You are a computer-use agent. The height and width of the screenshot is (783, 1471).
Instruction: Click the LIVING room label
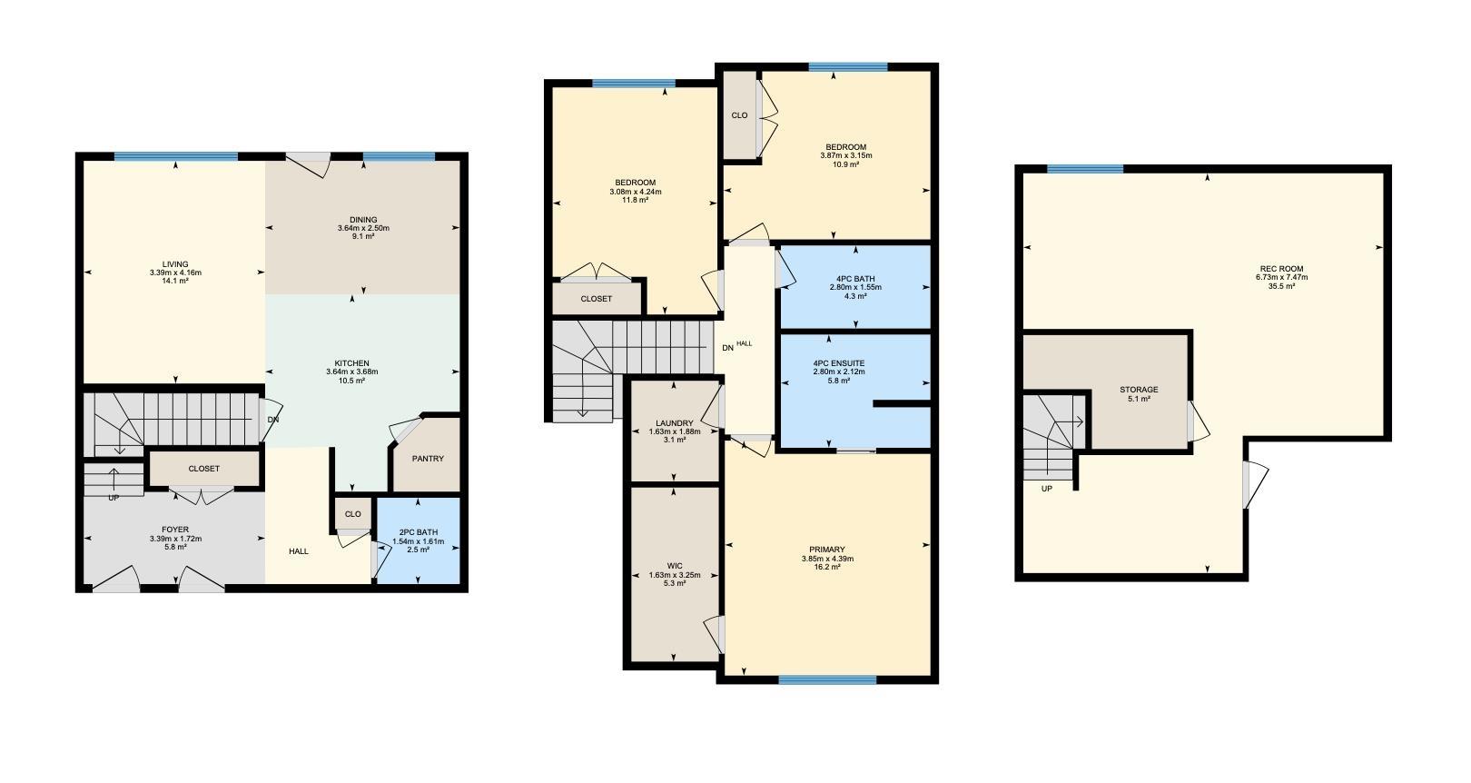pyautogui.click(x=175, y=264)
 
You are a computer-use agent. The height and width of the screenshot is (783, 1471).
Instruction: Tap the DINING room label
pyautogui.click(x=363, y=220)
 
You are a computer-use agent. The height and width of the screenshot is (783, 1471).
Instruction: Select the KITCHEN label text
pyautogui.click(x=352, y=363)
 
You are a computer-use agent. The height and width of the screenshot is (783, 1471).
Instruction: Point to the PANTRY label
pyautogui.click(x=429, y=459)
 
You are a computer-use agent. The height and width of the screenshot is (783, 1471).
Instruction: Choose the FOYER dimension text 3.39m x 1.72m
pyautogui.click(x=175, y=539)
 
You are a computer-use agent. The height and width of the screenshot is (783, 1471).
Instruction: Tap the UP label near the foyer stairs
pyautogui.click(x=114, y=498)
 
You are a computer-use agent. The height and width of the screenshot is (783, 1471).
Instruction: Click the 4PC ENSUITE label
pyautogui.click(x=839, y=363)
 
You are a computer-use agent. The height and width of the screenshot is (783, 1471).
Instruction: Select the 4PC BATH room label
pyautogui.click(x=855, y=279)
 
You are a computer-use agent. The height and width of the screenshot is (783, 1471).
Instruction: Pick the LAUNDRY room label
pyautogui.click(x=675, y=423)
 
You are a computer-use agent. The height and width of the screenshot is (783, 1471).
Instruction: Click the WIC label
pyautogui.click(x=675, y=566)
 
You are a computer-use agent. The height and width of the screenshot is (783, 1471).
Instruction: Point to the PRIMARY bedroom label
pyautogui.click(x=827, y=550)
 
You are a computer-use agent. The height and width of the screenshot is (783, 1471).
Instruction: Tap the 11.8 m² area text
pyautogui.click(x=635, y=200)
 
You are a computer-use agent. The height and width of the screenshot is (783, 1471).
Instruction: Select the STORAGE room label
pyautogui.click(x=1139, y=390)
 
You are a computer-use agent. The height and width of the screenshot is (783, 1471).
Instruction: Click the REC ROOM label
pyautogui.click(x=1281, y=269)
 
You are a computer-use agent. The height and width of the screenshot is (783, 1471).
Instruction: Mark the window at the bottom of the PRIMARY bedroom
pyautogui.click(x=827, y=679)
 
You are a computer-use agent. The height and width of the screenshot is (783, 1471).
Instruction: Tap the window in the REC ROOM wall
pyautogui.click(x=1085, y=169)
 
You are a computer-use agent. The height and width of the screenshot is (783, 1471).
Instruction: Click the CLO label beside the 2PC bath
pyautogui.click(x=352, y=514)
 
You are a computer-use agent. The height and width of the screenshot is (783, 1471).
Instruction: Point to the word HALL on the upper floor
pyautogui.click(x=744, y=343)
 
